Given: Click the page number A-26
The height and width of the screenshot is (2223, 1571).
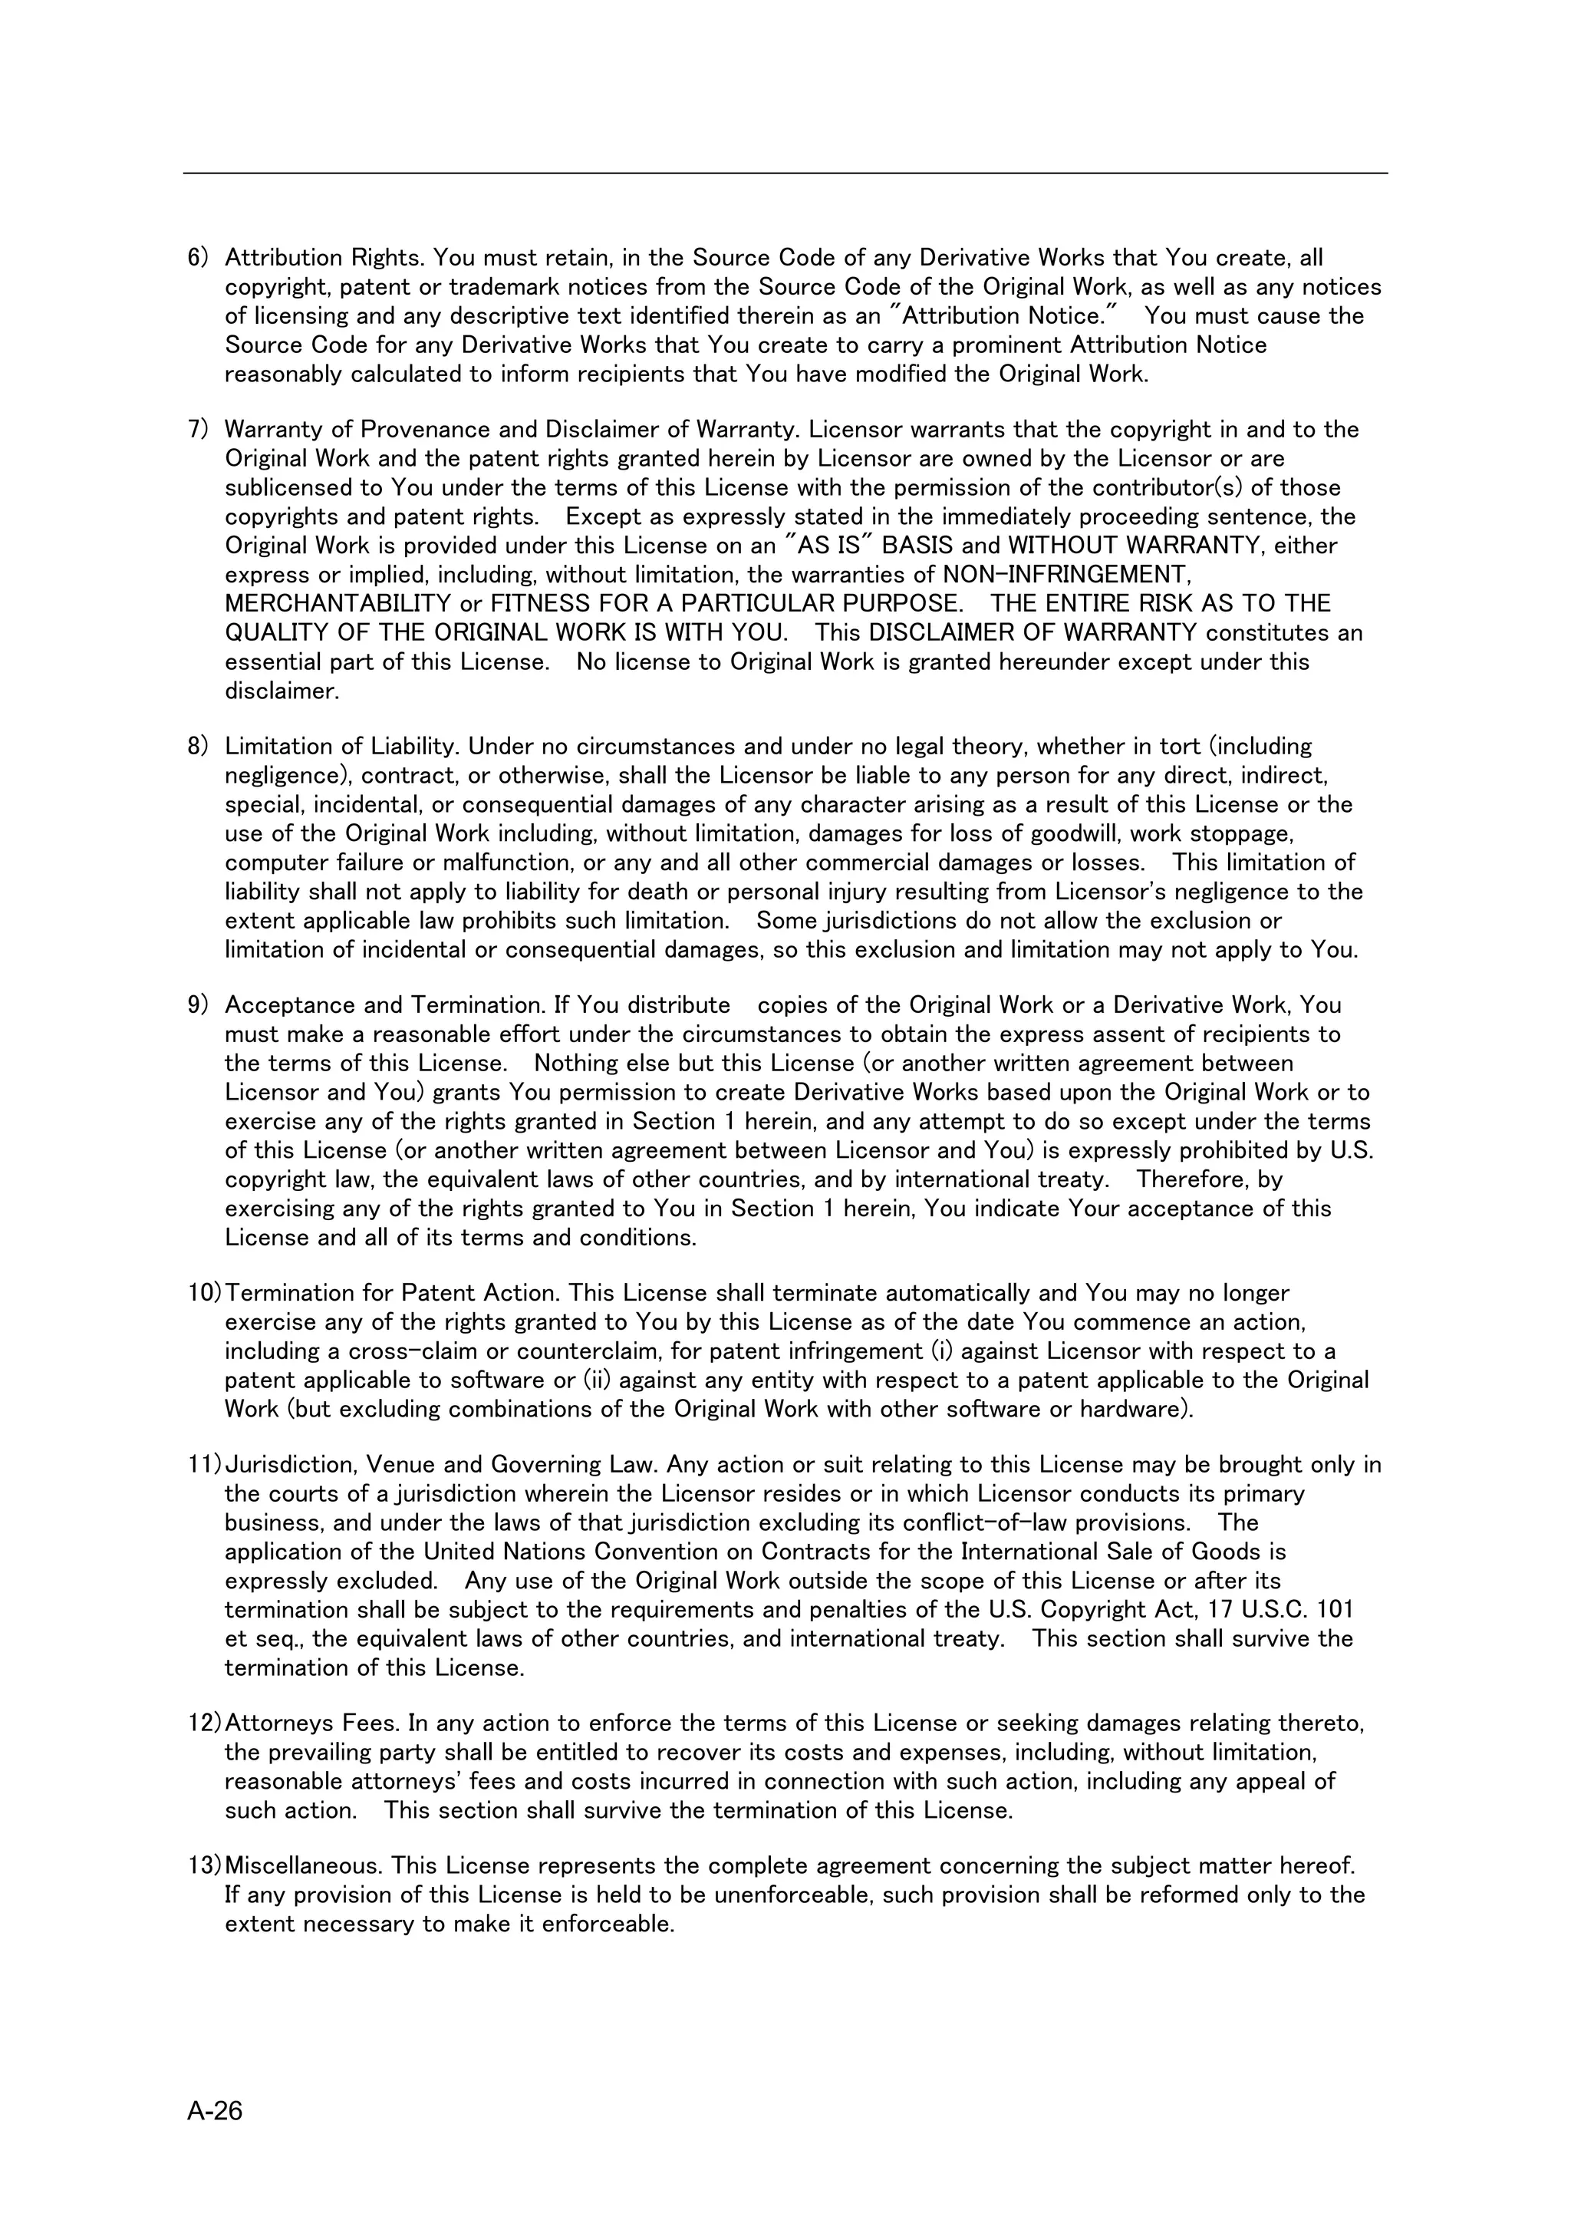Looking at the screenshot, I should pos(215,2111).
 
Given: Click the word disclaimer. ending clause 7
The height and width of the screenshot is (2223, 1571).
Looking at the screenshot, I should pos(282,691).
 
